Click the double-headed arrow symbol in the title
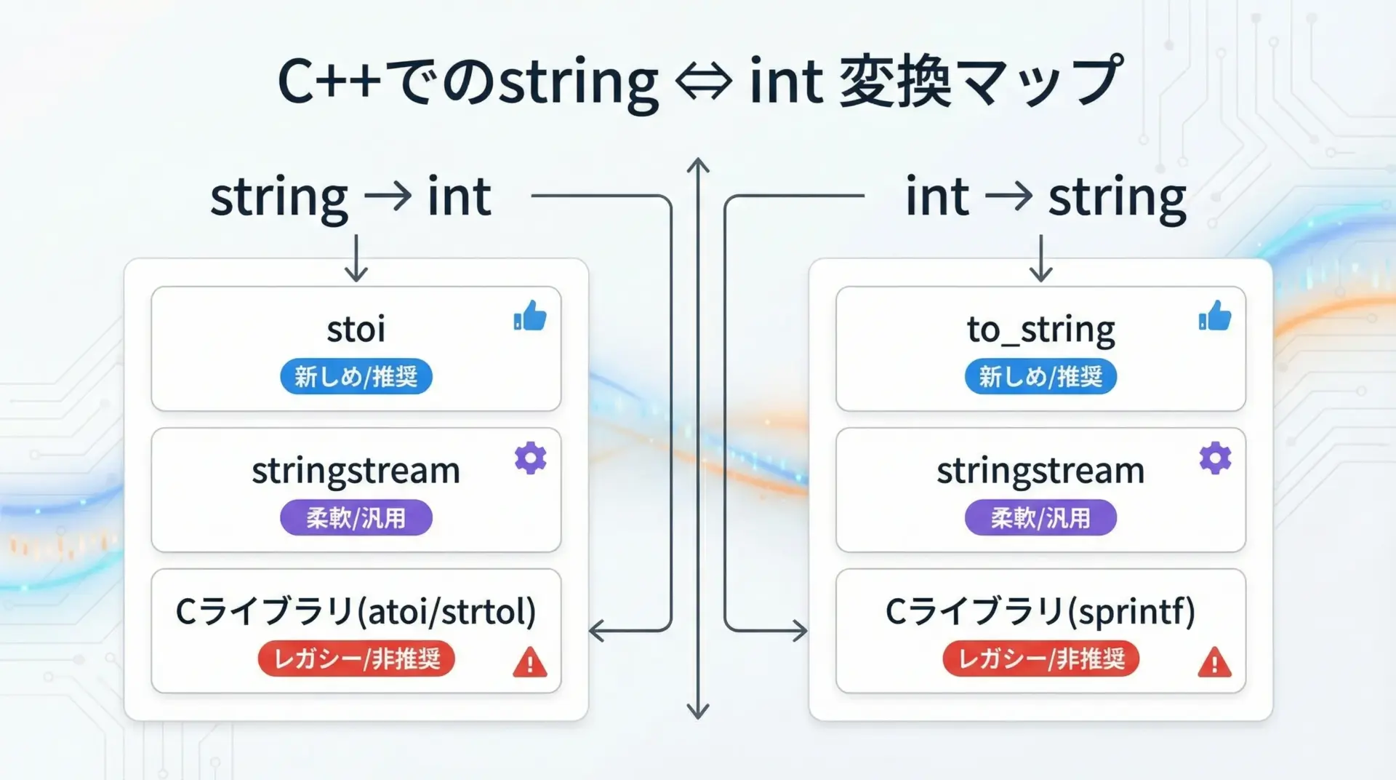coord(704,81)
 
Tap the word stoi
coord(356,329)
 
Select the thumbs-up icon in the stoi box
coord(530,316)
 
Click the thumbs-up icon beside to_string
coord(1215,316)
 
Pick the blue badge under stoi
coord(356,376)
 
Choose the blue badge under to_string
coord(1040,376)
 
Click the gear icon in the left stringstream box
coord(530,458)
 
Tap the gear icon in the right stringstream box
coord(1215,458)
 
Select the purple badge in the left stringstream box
coord(356,517)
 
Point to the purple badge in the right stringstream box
coord(1040,517)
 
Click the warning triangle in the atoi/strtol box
coord(530,662)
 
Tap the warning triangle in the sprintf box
coord(1215,662)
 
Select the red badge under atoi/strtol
coord(356,658)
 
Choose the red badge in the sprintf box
coord(1040,658)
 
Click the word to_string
coord(1040,330)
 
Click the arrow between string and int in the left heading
coord(388,196)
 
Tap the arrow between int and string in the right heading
coord(1009,196)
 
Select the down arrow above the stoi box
coord(356,258)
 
